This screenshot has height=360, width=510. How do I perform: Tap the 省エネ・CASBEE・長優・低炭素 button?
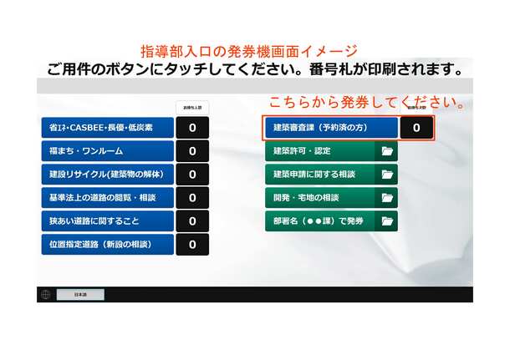point(107,128)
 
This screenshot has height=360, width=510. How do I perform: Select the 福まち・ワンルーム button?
point(107,151)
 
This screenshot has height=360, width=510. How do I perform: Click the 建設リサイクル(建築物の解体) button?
point(107,175)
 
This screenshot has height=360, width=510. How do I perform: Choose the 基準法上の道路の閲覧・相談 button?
point(107,198)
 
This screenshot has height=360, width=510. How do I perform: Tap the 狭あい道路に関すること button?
point(107,221)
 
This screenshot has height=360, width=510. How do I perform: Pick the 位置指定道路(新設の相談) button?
point(107,245)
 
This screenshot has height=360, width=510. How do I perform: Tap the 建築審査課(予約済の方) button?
point(331,128)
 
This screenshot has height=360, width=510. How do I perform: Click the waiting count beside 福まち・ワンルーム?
point(192,151)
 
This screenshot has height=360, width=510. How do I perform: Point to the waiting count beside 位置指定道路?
point(192,245)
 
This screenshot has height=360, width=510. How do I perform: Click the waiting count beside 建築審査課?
point(416,128)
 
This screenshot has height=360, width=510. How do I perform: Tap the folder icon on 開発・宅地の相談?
point(386,198)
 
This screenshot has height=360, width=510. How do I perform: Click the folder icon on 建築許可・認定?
point(386,151)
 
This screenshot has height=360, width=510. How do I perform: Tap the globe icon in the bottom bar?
point(46,294)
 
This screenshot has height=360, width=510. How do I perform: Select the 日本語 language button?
point(80,294)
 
